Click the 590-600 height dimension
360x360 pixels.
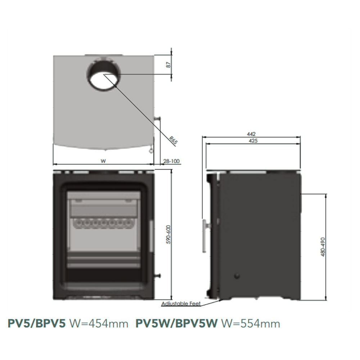pos(168,235)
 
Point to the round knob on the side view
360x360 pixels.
pos(237,276)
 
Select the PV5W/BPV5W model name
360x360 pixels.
pos(177,324)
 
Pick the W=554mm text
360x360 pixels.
pos(251,324)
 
